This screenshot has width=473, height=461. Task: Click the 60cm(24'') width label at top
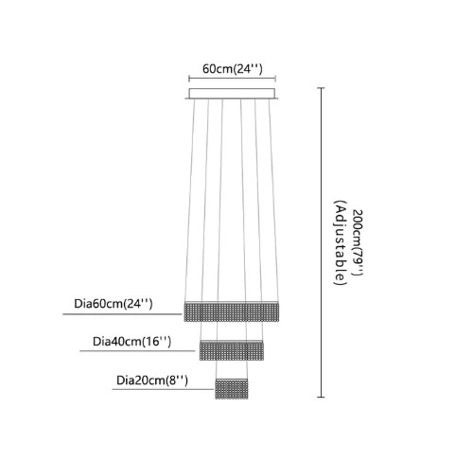(x=233, y=68)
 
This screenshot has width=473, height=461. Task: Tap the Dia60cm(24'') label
(x=114, y=304)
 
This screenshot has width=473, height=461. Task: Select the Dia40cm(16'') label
(x=131, y=342)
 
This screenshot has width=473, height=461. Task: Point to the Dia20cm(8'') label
(x=152, y=381)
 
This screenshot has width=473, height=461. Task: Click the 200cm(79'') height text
(x=358, y=242)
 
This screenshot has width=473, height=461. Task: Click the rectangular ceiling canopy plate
(x=232, y=94)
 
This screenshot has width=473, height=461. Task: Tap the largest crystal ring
(x=232, y=311)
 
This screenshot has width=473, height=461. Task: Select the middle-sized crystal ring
(x=232, y=350)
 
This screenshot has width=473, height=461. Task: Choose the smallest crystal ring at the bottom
(x=232, y=389)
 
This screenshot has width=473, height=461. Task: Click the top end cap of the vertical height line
(x=321, y=88)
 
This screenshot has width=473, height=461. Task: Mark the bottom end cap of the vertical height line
(x=321, y=397)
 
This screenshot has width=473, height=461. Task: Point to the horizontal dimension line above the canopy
(x=233, y=79)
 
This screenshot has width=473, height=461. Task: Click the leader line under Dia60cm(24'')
(x=122, y=314)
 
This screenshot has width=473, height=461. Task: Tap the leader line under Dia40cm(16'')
(x=137, y=350)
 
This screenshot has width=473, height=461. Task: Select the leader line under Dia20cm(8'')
(x=163, y=389)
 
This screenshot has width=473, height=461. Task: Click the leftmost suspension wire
(x=189, y=201)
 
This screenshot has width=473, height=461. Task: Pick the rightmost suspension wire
(x=273, y=201)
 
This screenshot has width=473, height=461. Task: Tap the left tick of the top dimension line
(x=189, y=79)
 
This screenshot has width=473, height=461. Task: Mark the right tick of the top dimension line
(x=276, y=79)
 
